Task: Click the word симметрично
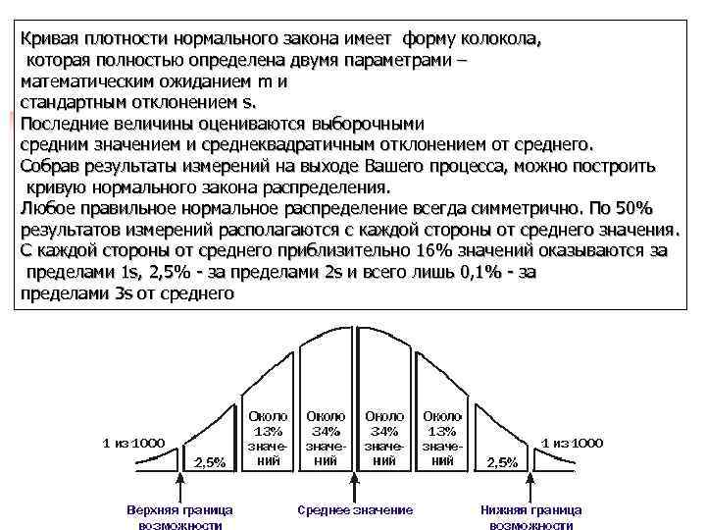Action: [523, 208]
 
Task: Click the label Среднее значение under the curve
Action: [355, 510]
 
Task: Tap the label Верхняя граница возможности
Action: [179, 517]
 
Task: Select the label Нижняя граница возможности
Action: [530, 517]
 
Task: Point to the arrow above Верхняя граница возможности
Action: [179, 485]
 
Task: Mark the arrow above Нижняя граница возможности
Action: [530, 485]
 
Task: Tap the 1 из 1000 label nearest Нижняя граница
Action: [572, 442]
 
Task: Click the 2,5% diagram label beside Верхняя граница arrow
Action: [210, 461]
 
